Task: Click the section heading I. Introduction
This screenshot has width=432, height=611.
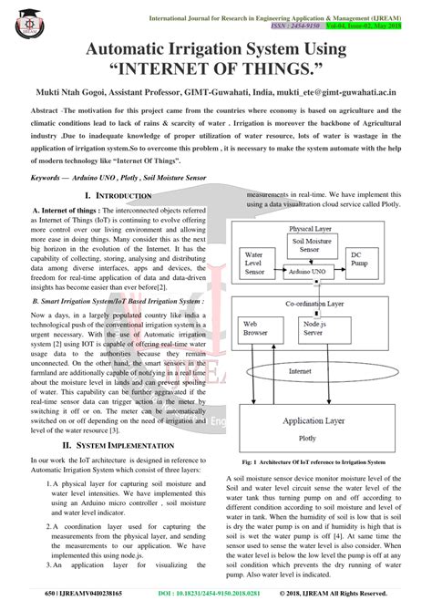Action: pos(118,196)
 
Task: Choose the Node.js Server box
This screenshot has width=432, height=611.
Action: pos(316,328)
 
